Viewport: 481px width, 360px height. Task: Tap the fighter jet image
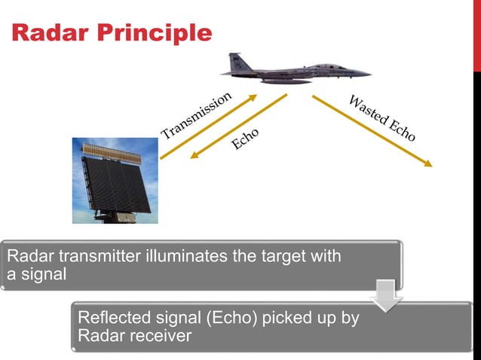pyautogui.click(x=294, y=70)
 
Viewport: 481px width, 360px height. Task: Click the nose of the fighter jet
pyautogui.click(x=367, y=74)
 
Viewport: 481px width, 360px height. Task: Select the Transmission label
pyautogui.click(x=195, y=116)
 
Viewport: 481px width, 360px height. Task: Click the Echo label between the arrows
pyautogui.click(x=246, y=138)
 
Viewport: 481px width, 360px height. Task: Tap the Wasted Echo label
pyautogui.click(x=382, y=118)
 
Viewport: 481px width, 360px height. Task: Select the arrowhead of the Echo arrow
pyautogui.click(x=193, y=156)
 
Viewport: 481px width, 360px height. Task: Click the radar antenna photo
pyautogui.click(x=115, y=181)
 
